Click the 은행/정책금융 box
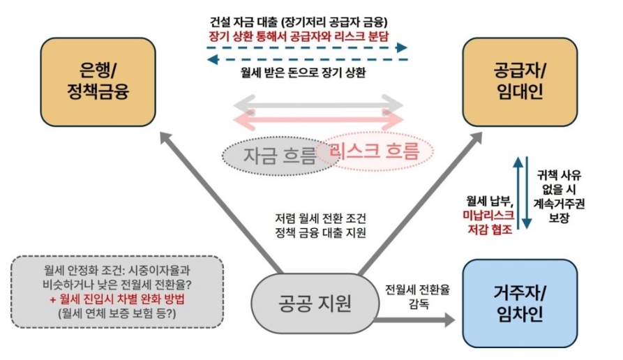[98, 81]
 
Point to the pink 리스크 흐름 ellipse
[377, 150]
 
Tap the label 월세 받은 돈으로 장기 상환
[300, 71]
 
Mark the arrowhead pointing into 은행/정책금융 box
[165, 137]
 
